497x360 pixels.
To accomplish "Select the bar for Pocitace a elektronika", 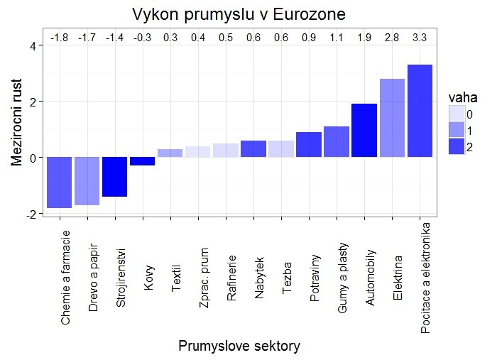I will click(420, 111).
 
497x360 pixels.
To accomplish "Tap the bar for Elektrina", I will click(392, 118).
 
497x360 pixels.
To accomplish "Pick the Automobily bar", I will click(364, 130).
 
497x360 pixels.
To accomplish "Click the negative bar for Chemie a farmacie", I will click(59, 182).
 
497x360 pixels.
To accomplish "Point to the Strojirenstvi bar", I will click(114, 176).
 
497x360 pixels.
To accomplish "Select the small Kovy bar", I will click(142, 161).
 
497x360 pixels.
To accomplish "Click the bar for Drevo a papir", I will click(87, 180).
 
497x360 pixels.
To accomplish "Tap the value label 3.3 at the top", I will click(420, 36).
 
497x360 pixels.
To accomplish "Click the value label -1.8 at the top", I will click(58, 36).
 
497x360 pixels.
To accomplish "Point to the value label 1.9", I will click(364, 36).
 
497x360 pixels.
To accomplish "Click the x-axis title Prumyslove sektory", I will click(239, 346).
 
